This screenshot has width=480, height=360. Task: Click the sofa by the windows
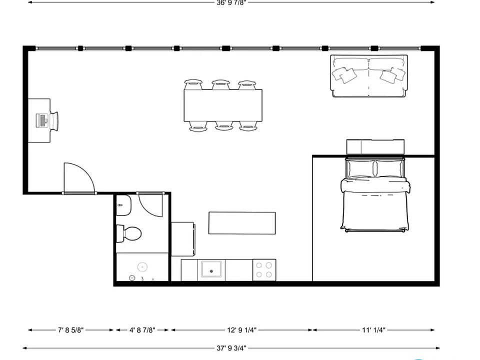pos(369,76)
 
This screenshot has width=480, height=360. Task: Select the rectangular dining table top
pos(223,105)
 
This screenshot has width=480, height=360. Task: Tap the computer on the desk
pos(42,120)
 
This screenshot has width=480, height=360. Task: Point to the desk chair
pos(54,121)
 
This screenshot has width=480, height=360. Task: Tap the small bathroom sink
pos(123,205)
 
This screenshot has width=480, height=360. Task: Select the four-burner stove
pos(264,270)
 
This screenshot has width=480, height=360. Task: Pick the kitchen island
pos(242,223)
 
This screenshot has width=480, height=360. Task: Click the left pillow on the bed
pos(360,168)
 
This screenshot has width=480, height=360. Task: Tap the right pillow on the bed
pos(389,168)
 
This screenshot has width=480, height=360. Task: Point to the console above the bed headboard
pos(375,147)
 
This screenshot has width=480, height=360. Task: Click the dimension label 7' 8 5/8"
pos(70,330)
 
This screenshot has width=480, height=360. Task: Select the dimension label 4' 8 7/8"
pos(142,330)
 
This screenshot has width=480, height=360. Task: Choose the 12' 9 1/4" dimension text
pos(241,330)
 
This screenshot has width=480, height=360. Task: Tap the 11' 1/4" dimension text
pos(373,330)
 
